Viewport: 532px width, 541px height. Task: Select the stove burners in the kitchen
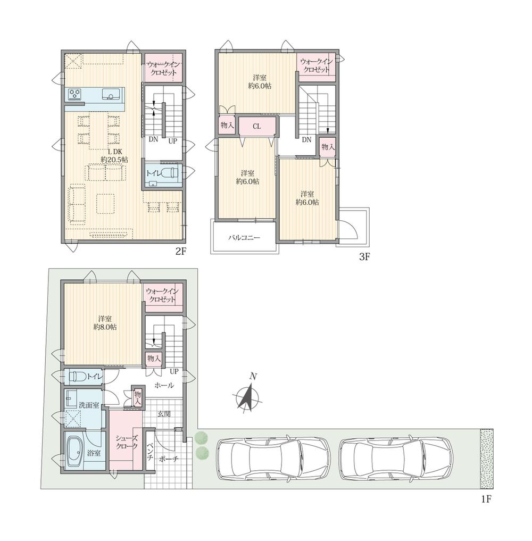75,95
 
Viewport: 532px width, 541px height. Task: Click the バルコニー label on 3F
244,238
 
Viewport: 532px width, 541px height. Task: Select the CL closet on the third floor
257,127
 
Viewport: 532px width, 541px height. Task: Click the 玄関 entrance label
164,413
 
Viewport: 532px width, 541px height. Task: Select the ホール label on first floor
164,385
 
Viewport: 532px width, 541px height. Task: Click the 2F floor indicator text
180,252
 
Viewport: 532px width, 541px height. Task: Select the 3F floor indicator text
364,256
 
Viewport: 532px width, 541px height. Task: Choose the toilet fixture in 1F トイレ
78,377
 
